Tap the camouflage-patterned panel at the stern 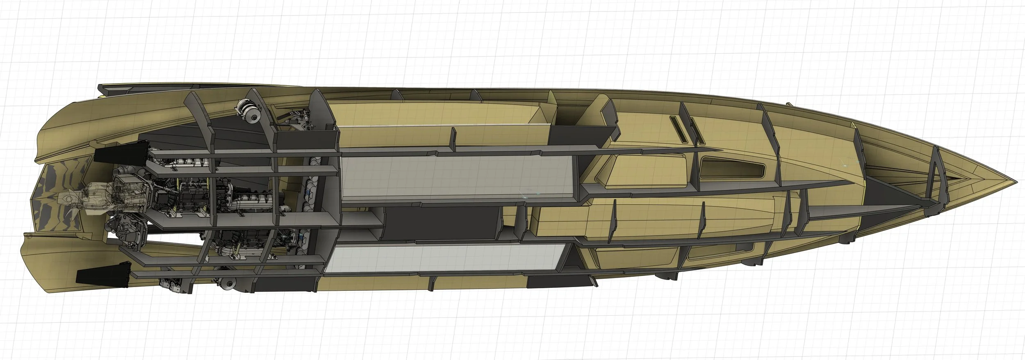point(61,180)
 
